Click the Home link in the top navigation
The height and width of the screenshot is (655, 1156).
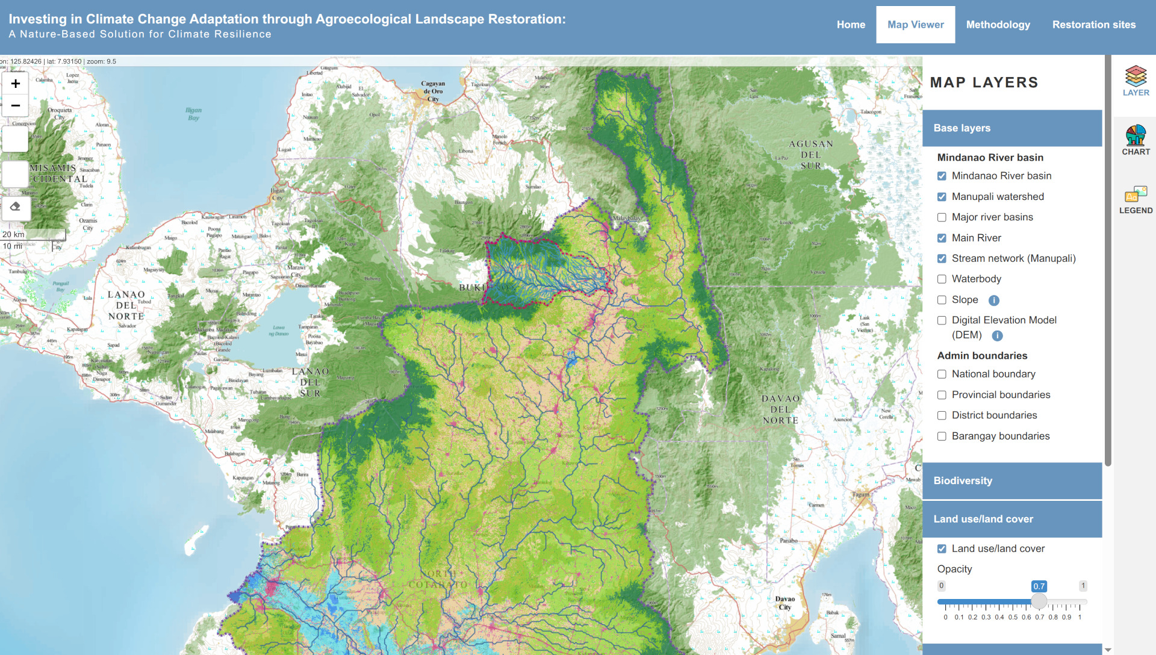(850, 25)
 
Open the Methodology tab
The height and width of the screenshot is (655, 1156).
(998, 25)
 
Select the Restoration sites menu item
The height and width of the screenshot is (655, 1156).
(1093, 25)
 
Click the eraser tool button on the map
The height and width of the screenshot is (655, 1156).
(16, 207)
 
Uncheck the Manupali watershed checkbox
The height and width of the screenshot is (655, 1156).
(942, 197)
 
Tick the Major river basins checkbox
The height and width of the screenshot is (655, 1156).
(942, 217)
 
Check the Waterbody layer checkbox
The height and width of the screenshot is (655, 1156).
(942, 279)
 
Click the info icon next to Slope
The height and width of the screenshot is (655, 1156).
(993, 300)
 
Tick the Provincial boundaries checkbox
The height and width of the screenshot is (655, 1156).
(942, 395)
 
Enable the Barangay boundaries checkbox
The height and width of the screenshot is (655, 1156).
(942, 436)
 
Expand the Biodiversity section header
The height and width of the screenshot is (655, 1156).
(1011, 480)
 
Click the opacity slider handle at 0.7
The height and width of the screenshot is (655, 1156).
(1039, 601)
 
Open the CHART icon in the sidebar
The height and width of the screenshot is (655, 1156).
(1136, 140)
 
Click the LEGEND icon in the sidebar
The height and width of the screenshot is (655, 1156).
(1136, 199)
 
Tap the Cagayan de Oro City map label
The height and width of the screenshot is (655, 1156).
(433, 92)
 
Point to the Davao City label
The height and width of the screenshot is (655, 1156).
(785, 603)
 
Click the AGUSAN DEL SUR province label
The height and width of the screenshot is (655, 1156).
(810, 155)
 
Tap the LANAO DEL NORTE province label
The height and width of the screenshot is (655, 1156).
(126, 305)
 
